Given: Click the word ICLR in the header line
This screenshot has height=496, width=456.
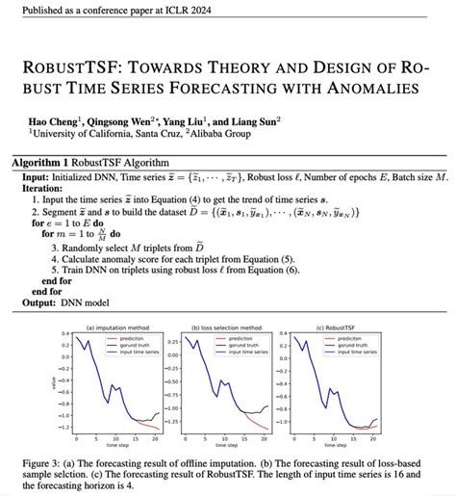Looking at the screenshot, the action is (168, 11).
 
